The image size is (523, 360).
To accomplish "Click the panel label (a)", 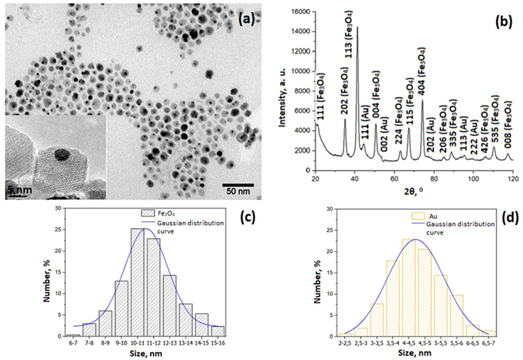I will [x=246, y=19].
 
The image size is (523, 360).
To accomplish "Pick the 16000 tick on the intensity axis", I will [x=299, y=11].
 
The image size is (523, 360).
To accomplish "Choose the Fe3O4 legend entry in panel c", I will [x=161, y=210].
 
